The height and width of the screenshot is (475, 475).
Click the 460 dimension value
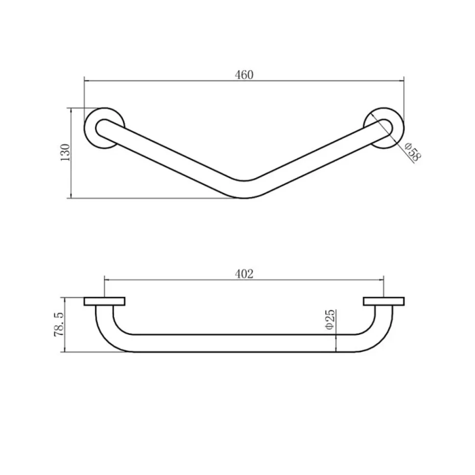244,75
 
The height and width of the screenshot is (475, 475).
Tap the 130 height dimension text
66,152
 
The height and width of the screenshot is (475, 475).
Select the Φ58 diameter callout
413,152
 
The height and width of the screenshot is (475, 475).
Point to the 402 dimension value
244,274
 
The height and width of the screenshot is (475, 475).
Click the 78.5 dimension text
59,325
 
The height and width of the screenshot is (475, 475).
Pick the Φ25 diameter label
330,319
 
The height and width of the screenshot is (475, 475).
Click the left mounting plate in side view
104,302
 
